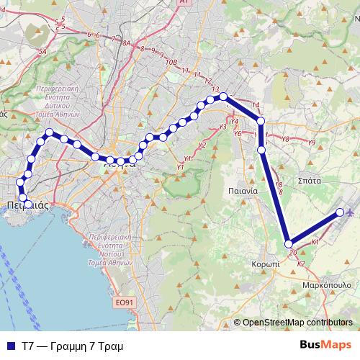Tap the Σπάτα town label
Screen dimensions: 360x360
[x=309, y=181]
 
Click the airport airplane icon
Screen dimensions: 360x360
[x=351, y=212]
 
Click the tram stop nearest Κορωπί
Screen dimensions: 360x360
[x=288, y=244]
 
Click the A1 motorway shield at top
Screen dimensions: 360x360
[x=183, y=3]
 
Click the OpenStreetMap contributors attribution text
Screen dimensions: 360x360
[x=297, y=323]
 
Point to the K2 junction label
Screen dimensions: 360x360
[x=301, y=265]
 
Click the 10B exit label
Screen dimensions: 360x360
[x=171, y=63]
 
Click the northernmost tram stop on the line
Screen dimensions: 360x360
[x=223, y=96]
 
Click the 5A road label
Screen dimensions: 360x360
[x=42, y=52]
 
